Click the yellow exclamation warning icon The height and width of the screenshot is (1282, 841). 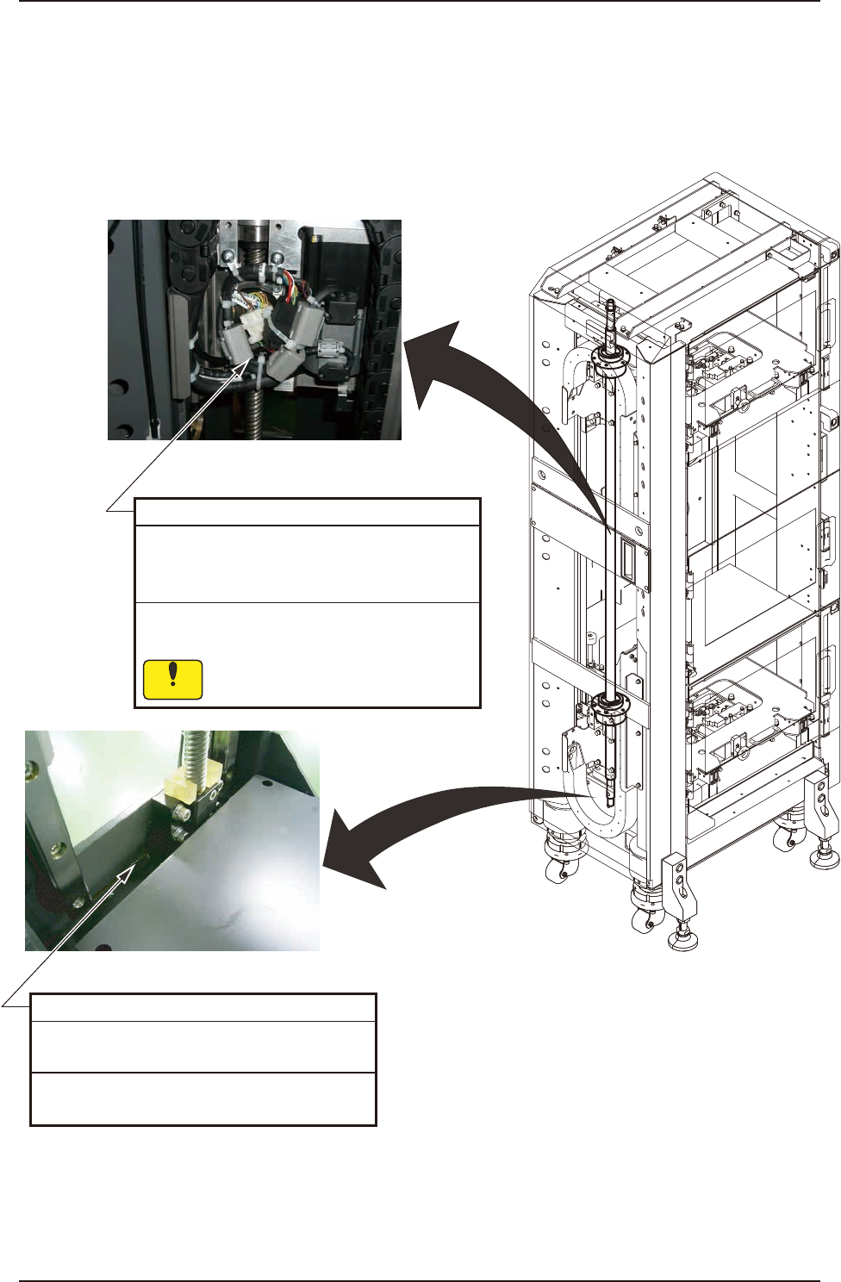172,679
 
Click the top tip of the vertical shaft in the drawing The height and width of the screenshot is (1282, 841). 611,302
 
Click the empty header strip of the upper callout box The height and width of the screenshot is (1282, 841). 307,512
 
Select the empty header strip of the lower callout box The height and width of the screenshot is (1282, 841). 203,1007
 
